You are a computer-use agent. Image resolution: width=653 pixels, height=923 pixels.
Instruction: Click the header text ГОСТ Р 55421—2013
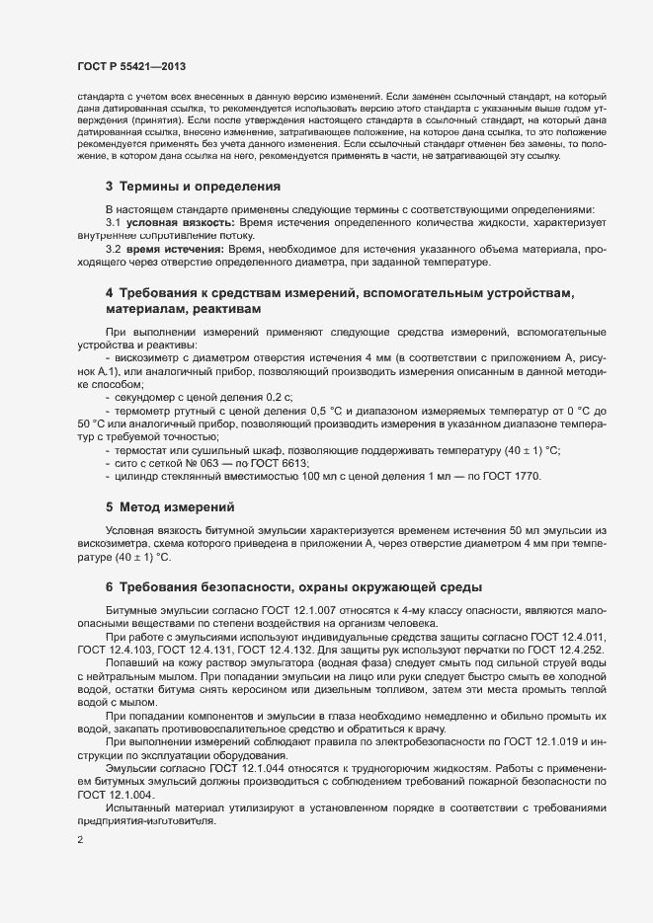coord(130,66)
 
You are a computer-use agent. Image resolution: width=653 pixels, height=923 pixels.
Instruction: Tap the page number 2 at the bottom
coord(79,840)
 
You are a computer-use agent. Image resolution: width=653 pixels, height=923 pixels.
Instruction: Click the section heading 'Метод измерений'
coord(177,507)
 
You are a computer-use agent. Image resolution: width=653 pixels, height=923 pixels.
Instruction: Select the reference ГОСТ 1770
coord(513,477)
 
